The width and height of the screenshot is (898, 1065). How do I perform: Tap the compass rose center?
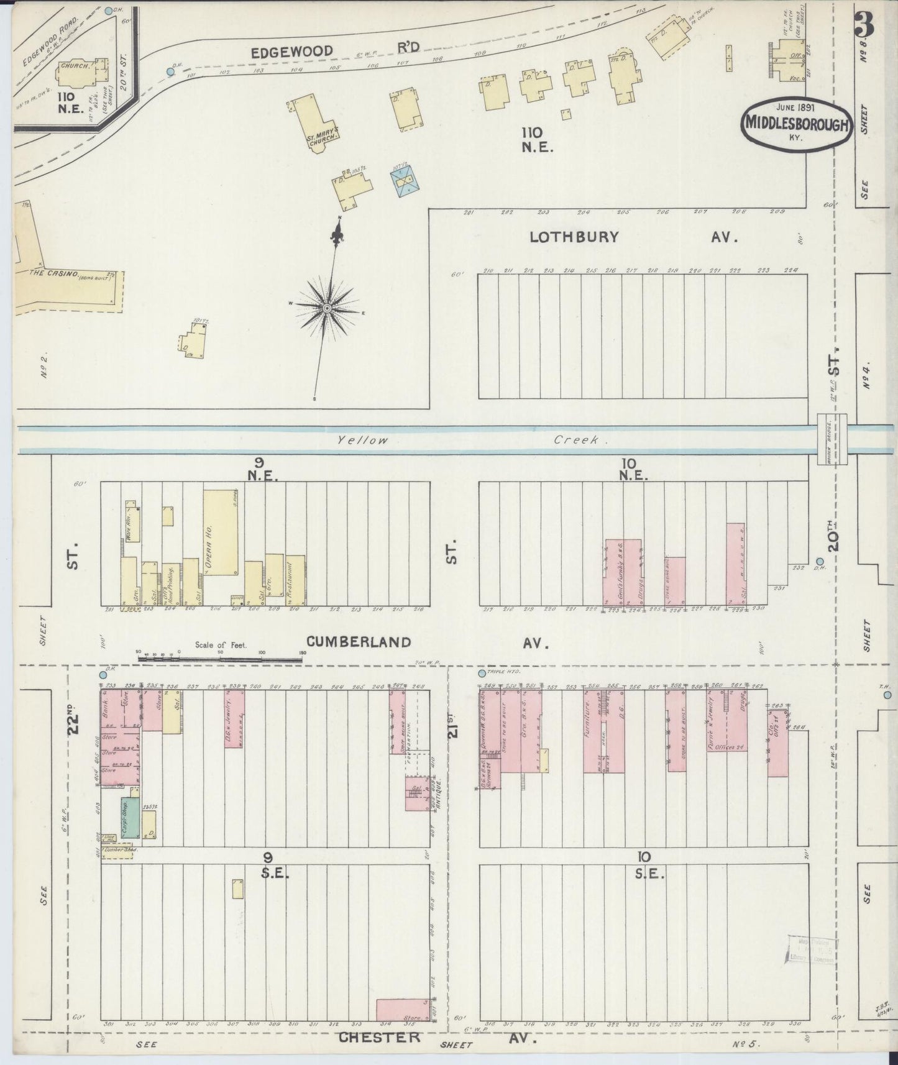tap(327, 308)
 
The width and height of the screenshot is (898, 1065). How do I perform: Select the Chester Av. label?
tap(435, 1037)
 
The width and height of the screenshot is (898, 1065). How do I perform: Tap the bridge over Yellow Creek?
tap(832, 439)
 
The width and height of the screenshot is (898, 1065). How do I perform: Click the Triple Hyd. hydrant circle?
tap(480, 673)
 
